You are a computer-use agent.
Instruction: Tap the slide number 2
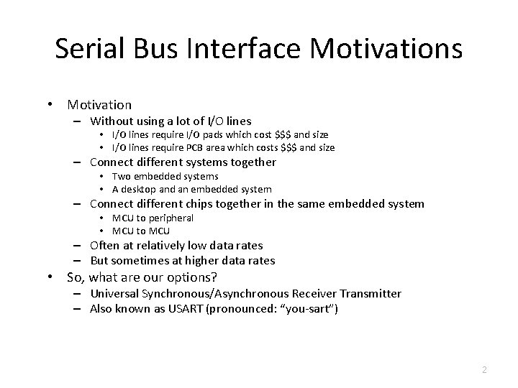[484, 369]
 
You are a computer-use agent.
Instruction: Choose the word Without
[114, 121]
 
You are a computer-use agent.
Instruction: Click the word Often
[105, 246]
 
